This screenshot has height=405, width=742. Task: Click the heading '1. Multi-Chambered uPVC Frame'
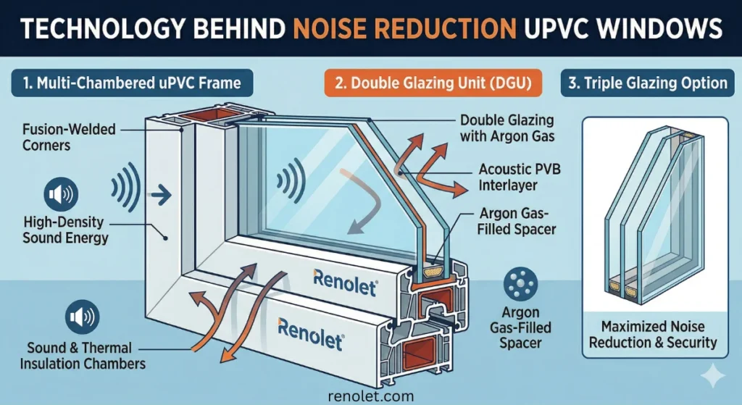(132, 83)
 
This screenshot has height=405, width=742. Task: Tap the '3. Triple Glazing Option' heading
(648, 83)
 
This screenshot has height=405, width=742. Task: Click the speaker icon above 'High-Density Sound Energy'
(59, 193)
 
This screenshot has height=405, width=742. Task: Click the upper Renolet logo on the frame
(346, 280)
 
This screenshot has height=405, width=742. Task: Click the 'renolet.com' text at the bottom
(370, 396)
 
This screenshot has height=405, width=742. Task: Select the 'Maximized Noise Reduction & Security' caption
(652, 335)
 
